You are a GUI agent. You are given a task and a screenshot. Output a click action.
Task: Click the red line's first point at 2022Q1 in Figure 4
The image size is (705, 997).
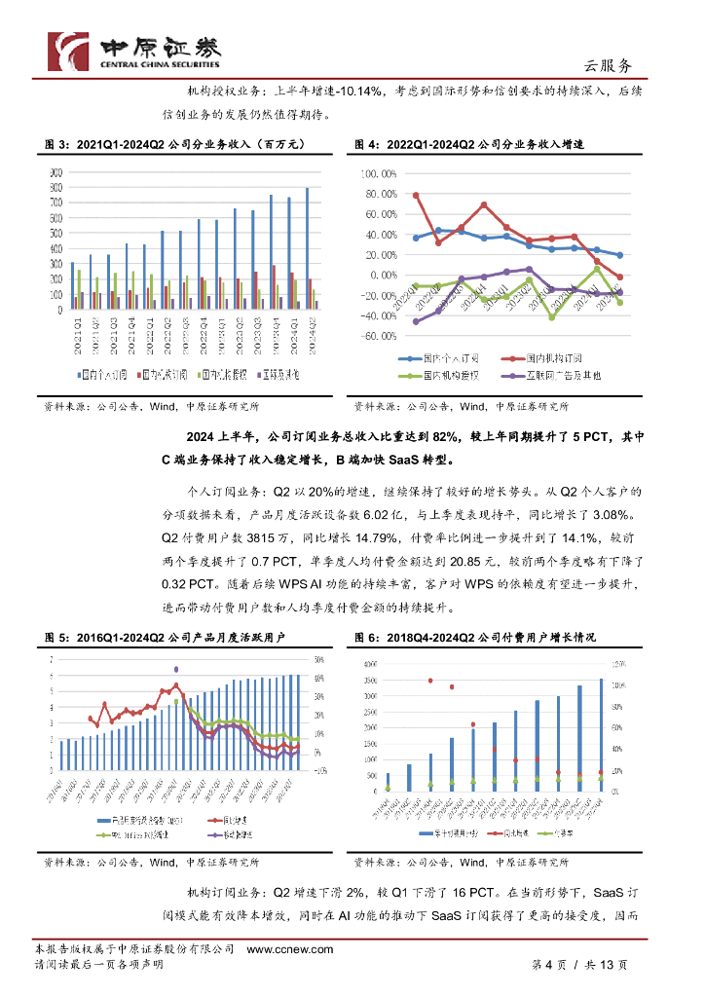click(x=416, y=195)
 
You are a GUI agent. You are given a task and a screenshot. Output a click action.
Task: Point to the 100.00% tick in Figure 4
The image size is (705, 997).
click(x=380, y=173)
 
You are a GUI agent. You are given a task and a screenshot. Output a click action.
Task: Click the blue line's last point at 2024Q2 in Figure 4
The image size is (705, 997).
click(x=620, y=255)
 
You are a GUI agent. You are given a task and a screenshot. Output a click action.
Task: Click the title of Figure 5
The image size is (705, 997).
click(x=174, y=637)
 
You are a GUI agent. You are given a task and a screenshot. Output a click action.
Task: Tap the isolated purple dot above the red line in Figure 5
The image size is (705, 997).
click(x=176, y=669)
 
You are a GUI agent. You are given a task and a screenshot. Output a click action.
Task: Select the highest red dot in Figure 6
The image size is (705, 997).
click(x=430, y=681)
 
